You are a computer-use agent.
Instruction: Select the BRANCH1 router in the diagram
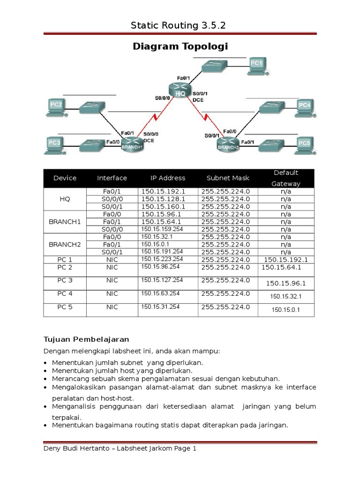(x=132, y=144)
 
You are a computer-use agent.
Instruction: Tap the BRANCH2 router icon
(x=228, y=144)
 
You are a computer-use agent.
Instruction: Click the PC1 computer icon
(x=257, y=66)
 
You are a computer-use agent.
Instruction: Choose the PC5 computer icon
(x=304, y=145)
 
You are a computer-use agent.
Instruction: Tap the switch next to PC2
(x=91, y=108)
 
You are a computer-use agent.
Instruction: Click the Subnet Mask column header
(x=228, y=178)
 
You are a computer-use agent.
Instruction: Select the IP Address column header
(x=167, y=178)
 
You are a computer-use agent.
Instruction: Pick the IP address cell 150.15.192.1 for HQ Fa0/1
(x=163, y=191)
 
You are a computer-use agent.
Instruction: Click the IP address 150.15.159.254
(x=162, y=229)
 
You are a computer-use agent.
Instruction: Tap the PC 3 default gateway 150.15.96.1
(x=285, y=283)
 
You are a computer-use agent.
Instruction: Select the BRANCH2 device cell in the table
(x=65, y=244)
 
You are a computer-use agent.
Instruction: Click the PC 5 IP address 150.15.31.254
(x=160, y=307)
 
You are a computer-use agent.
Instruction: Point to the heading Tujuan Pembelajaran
(x=86, y=339)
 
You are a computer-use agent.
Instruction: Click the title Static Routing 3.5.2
(x=179, y=26)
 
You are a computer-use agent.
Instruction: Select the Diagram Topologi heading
(x=180, y=46)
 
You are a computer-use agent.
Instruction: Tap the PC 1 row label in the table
(x=65, y=259)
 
